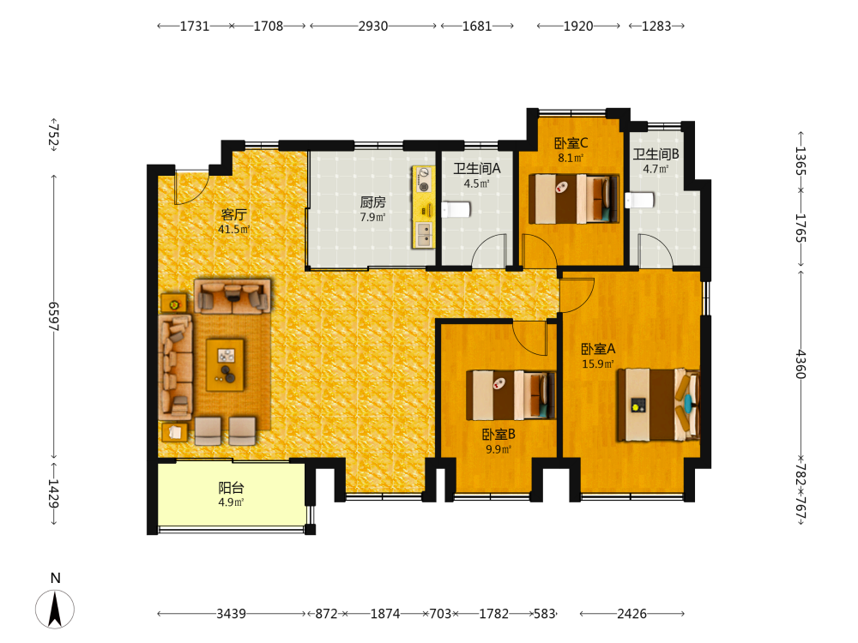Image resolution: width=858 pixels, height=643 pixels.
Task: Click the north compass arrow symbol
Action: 55,609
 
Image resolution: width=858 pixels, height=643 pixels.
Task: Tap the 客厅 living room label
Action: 233,214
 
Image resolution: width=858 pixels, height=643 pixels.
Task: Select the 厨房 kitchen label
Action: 372,202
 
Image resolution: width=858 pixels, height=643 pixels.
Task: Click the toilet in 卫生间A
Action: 456,209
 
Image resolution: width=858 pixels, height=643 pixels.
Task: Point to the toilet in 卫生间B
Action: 640,200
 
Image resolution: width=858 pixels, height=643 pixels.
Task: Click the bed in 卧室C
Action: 573,199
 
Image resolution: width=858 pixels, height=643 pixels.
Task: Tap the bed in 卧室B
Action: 511,394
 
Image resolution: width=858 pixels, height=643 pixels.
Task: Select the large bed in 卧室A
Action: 658,405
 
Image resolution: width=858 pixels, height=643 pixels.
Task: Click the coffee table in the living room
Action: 225,364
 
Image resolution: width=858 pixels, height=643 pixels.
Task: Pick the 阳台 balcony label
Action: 231,487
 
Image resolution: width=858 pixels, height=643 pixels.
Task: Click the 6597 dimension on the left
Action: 53,316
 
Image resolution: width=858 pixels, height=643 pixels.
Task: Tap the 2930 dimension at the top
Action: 373,26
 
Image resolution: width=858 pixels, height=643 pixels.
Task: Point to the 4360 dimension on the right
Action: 800,364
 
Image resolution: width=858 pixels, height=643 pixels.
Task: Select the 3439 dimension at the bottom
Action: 231,614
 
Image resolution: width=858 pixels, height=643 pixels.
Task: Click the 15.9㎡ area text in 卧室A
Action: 597,364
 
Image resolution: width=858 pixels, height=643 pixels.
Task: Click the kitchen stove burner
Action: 424,180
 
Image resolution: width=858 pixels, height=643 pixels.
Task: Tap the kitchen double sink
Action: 424,234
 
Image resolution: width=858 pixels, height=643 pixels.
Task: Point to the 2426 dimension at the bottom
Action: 632,614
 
